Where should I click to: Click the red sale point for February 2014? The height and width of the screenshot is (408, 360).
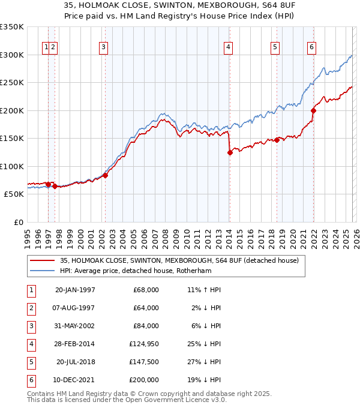click(230, 152)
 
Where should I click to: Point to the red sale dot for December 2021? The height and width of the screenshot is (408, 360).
click(313, 110)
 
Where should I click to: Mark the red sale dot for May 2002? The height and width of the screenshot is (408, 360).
click(105, 175)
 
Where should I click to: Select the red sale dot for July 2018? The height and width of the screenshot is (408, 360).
click(277, 140)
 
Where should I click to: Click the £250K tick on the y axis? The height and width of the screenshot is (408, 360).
click(12, 83)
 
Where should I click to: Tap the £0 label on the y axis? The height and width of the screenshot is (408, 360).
click(19, 223)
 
